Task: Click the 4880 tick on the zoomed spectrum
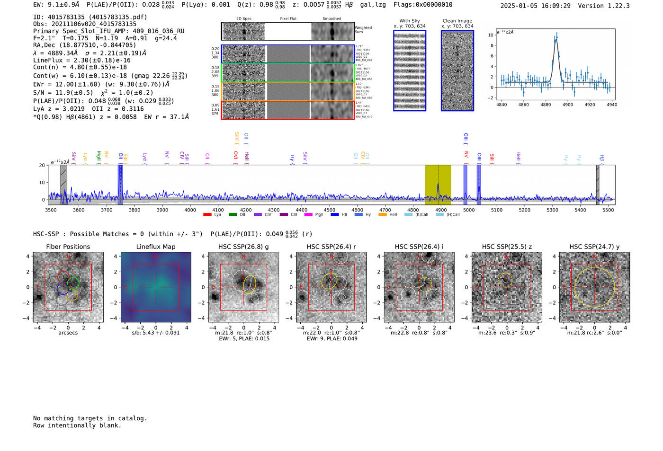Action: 546,105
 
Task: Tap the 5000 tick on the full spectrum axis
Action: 469,210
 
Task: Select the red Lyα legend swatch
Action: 207,215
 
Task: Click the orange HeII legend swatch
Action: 383,215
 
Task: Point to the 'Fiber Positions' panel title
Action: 68,247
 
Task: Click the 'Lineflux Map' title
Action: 156,247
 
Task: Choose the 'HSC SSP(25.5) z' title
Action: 507,247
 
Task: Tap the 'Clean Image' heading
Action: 457,21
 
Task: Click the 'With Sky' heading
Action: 409,21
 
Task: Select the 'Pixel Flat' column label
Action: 288,19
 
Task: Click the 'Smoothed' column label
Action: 331,19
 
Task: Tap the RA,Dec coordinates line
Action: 84,45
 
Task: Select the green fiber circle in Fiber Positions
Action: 73,283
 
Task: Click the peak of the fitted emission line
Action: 556,40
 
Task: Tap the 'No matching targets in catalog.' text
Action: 90,418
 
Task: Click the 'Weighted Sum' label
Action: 363,30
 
